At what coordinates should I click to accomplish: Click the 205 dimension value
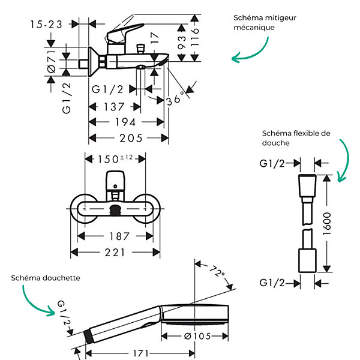coord(131,138)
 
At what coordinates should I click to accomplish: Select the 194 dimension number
coord(125,122)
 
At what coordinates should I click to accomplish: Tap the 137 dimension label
coord(114,107)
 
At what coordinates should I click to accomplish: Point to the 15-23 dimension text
coord(46,25)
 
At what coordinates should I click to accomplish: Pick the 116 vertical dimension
coord(194,37)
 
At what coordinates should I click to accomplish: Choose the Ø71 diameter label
coord(52,62)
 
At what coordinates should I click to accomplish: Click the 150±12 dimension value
coord(115,159)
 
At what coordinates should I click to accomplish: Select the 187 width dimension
coord(119,236)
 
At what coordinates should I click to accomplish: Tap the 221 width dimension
coord(115,253)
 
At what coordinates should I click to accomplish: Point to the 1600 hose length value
coord(327,224)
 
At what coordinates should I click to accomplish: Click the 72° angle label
coord(217,271)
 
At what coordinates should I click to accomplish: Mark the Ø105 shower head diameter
coord(197,337)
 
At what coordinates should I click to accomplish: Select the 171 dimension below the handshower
coord(140,353)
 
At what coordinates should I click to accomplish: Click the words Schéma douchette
coord(46,278)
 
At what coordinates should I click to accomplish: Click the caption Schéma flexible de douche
coord(296,138)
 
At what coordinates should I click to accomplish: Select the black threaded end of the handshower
coord(88,337)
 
